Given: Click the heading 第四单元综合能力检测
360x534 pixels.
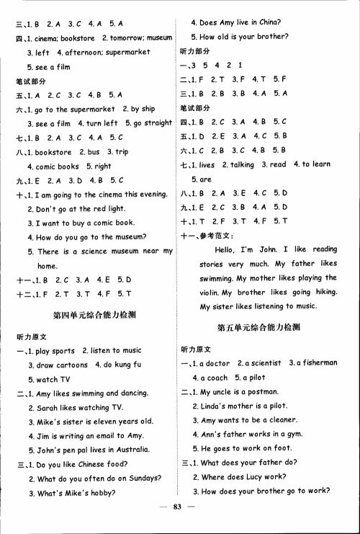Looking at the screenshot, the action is point(95,315).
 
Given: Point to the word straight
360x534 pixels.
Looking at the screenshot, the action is point(158,123).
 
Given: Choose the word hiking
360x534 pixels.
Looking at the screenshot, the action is point(321,292).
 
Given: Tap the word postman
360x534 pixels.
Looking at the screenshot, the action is point(261,391).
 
